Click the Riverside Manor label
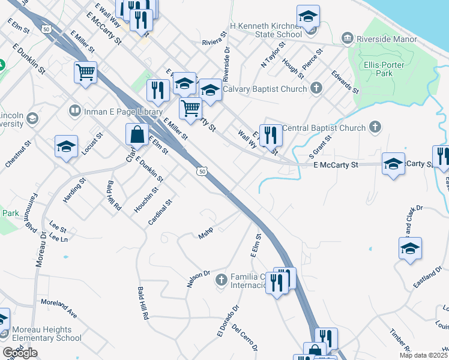click(387, 39)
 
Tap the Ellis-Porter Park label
click(386, 68)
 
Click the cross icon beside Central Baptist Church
click(375, 127)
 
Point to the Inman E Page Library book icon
click(74, 111)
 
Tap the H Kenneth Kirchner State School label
click(266, 31)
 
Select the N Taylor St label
click(271, 55)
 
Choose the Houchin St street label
click(146, 200)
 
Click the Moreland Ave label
click(59, 308)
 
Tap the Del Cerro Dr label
click(244, 338)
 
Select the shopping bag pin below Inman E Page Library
click(137, 134)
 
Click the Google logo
click(20, 353)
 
